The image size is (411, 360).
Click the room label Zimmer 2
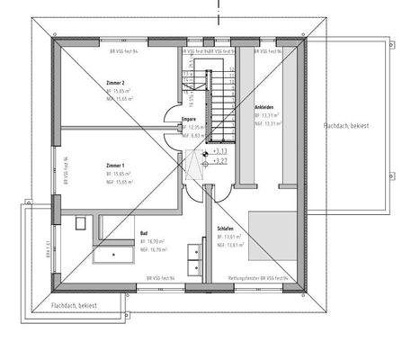(116, 82)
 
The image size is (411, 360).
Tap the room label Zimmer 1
(116, 166)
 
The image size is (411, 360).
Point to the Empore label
(189, 118)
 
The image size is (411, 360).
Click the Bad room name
(143, 232)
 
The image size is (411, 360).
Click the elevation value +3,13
(219, 152)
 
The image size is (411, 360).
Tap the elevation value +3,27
(219, 162)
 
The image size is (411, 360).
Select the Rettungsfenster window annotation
(259, 280)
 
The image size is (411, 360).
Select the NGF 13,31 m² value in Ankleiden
(269, 124)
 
